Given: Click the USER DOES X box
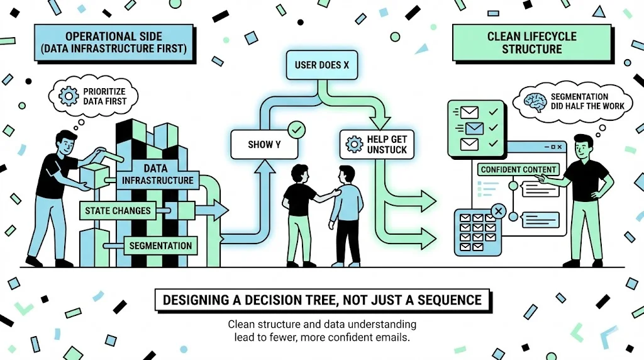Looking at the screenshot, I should pos(318,65).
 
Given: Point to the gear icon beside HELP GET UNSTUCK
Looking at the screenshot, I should pos(352,145).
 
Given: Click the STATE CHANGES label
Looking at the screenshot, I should pos(118,211).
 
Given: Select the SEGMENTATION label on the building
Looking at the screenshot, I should pos(160,245).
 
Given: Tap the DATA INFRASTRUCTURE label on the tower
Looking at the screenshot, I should pos(157,174).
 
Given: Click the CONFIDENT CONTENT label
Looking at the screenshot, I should pos(518,169).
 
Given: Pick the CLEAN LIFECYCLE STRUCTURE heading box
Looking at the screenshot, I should pos(531,43).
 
